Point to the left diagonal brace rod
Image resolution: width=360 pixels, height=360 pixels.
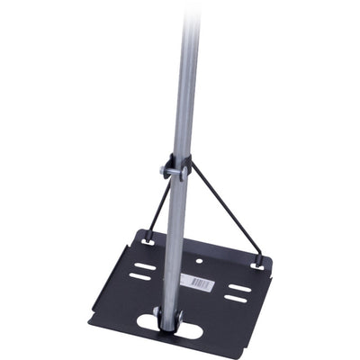pos(158,207)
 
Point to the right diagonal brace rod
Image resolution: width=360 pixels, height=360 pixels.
pos(225,216)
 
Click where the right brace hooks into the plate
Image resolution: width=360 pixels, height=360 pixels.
pos(259,265)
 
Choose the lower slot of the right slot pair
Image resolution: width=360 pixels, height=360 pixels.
pos(237,300)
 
